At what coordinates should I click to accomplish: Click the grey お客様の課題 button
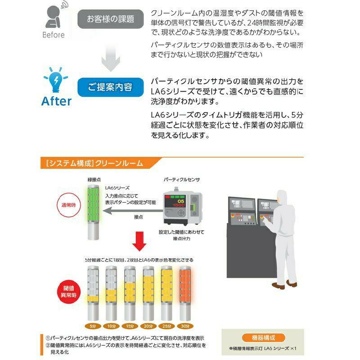pyautogui.click(x=111, y=19)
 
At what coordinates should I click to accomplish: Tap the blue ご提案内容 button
pyautogui.click(x=111, y=87)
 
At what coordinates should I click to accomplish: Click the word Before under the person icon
pyautogui.click(x=54, y=35)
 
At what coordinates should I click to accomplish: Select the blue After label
pyautogui.click(x=56, y=101)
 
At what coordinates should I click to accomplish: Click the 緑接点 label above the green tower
pyautogui.click(x=94, y=180)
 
